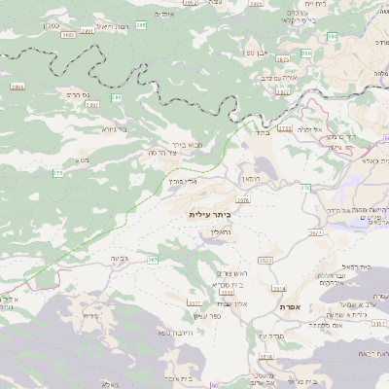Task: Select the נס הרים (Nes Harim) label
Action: (x=73, y=94)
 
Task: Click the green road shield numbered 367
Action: (x=153, y=260)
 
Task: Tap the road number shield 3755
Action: (x=285, y=127)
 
